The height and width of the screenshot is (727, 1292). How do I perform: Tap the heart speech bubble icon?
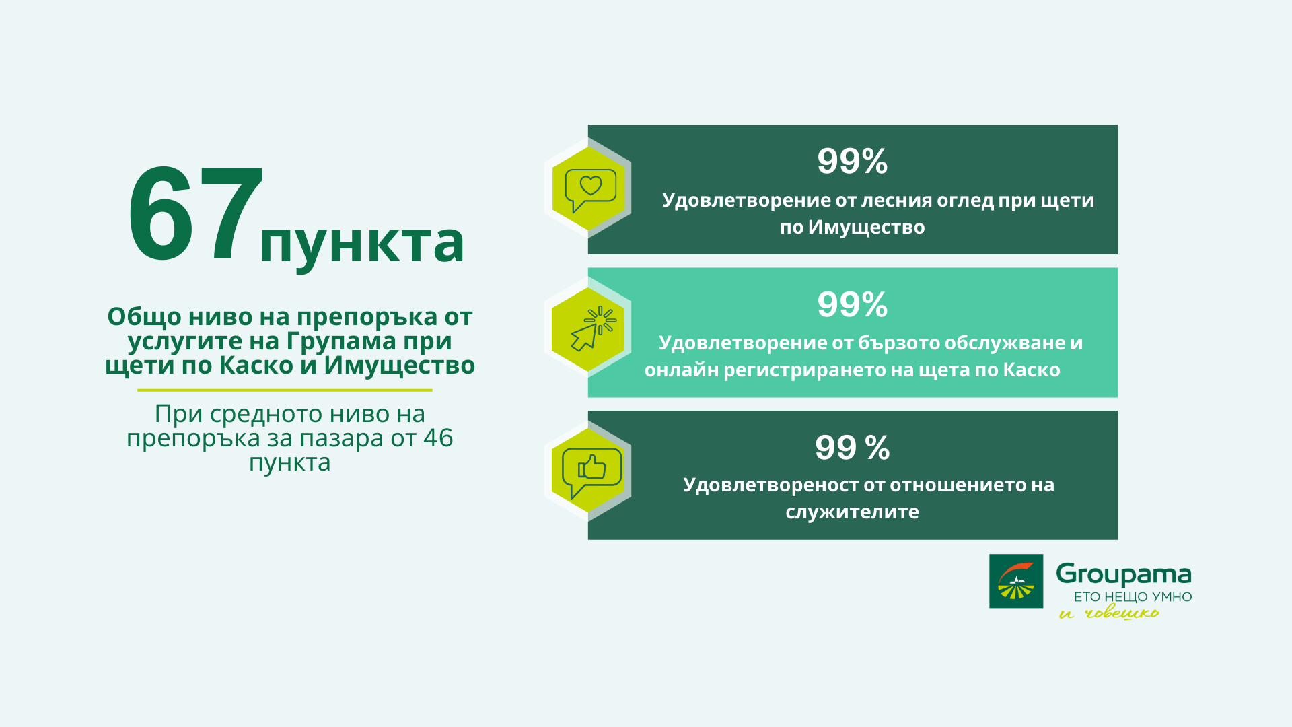pyautogui.click(x=590, y=189)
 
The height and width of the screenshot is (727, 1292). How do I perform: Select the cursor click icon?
pyautogui.click(x=590, y=330)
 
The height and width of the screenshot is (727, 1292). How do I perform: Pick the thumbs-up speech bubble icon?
pyautogui.click(x=590, y=472)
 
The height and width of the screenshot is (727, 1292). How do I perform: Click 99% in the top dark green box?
pyautogui.click(x=852, y=162)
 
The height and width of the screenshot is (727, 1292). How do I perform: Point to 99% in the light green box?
pyautogui.click(x=852, y=305)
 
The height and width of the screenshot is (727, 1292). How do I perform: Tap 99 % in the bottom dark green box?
pyautogui.click(x=852, y=448)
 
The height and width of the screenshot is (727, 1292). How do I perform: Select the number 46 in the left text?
pyautogui.click(x=438, y=438)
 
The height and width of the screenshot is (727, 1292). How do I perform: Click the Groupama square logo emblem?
pyautogui.click(x=1015, y=581)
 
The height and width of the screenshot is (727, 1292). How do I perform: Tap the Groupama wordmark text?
pyautogui.click(x=1123, y=574)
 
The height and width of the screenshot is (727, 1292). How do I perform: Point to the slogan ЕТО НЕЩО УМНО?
pyautogui.click(x=1133, y=597)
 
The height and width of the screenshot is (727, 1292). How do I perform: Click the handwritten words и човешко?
pyautogui.click(x=1109, y=613)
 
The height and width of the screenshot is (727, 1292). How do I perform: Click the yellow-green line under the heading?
pyautogui.click(x=285, y=390)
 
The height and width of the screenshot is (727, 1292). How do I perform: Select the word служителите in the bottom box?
pyautogui.click(x=852, y=512)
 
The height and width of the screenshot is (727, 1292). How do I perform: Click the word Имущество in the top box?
pyautogui.click(x=866, y=228)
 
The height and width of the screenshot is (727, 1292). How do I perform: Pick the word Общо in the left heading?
pyautogui.click(x=144, y=317)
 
